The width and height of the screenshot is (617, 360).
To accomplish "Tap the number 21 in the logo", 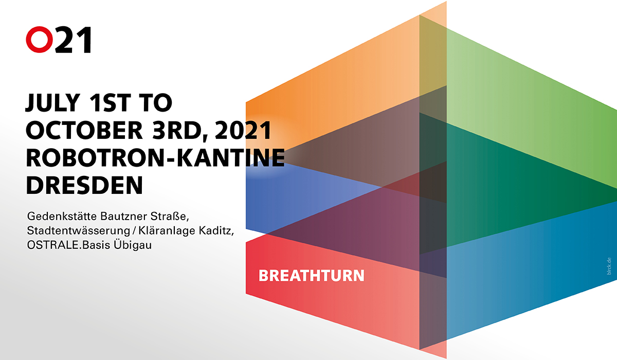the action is (x=73, y=40).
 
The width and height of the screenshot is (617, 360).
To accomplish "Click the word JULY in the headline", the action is (x=52, y=103).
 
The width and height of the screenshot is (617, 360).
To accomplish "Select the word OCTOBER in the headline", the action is (x=84, y=130).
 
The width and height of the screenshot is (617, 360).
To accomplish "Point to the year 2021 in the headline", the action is (x=243, y=130).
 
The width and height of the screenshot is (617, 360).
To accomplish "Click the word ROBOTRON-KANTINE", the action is (x=155, y=157).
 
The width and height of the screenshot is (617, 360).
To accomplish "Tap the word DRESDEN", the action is (x=84, y=185).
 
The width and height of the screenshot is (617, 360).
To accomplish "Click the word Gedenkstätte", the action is (x=62, y=216).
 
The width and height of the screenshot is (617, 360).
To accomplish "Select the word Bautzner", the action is (x=124, y=216).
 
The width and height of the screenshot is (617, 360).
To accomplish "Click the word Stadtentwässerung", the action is (x=79, y=231).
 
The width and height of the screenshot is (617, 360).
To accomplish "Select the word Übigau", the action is (x=133, y=245).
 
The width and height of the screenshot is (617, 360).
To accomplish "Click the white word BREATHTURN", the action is (x=312, y=276).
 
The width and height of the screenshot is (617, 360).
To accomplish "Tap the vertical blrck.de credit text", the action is (x=609, y=266).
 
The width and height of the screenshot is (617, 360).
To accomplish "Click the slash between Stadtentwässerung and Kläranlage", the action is (x=134, y=231).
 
